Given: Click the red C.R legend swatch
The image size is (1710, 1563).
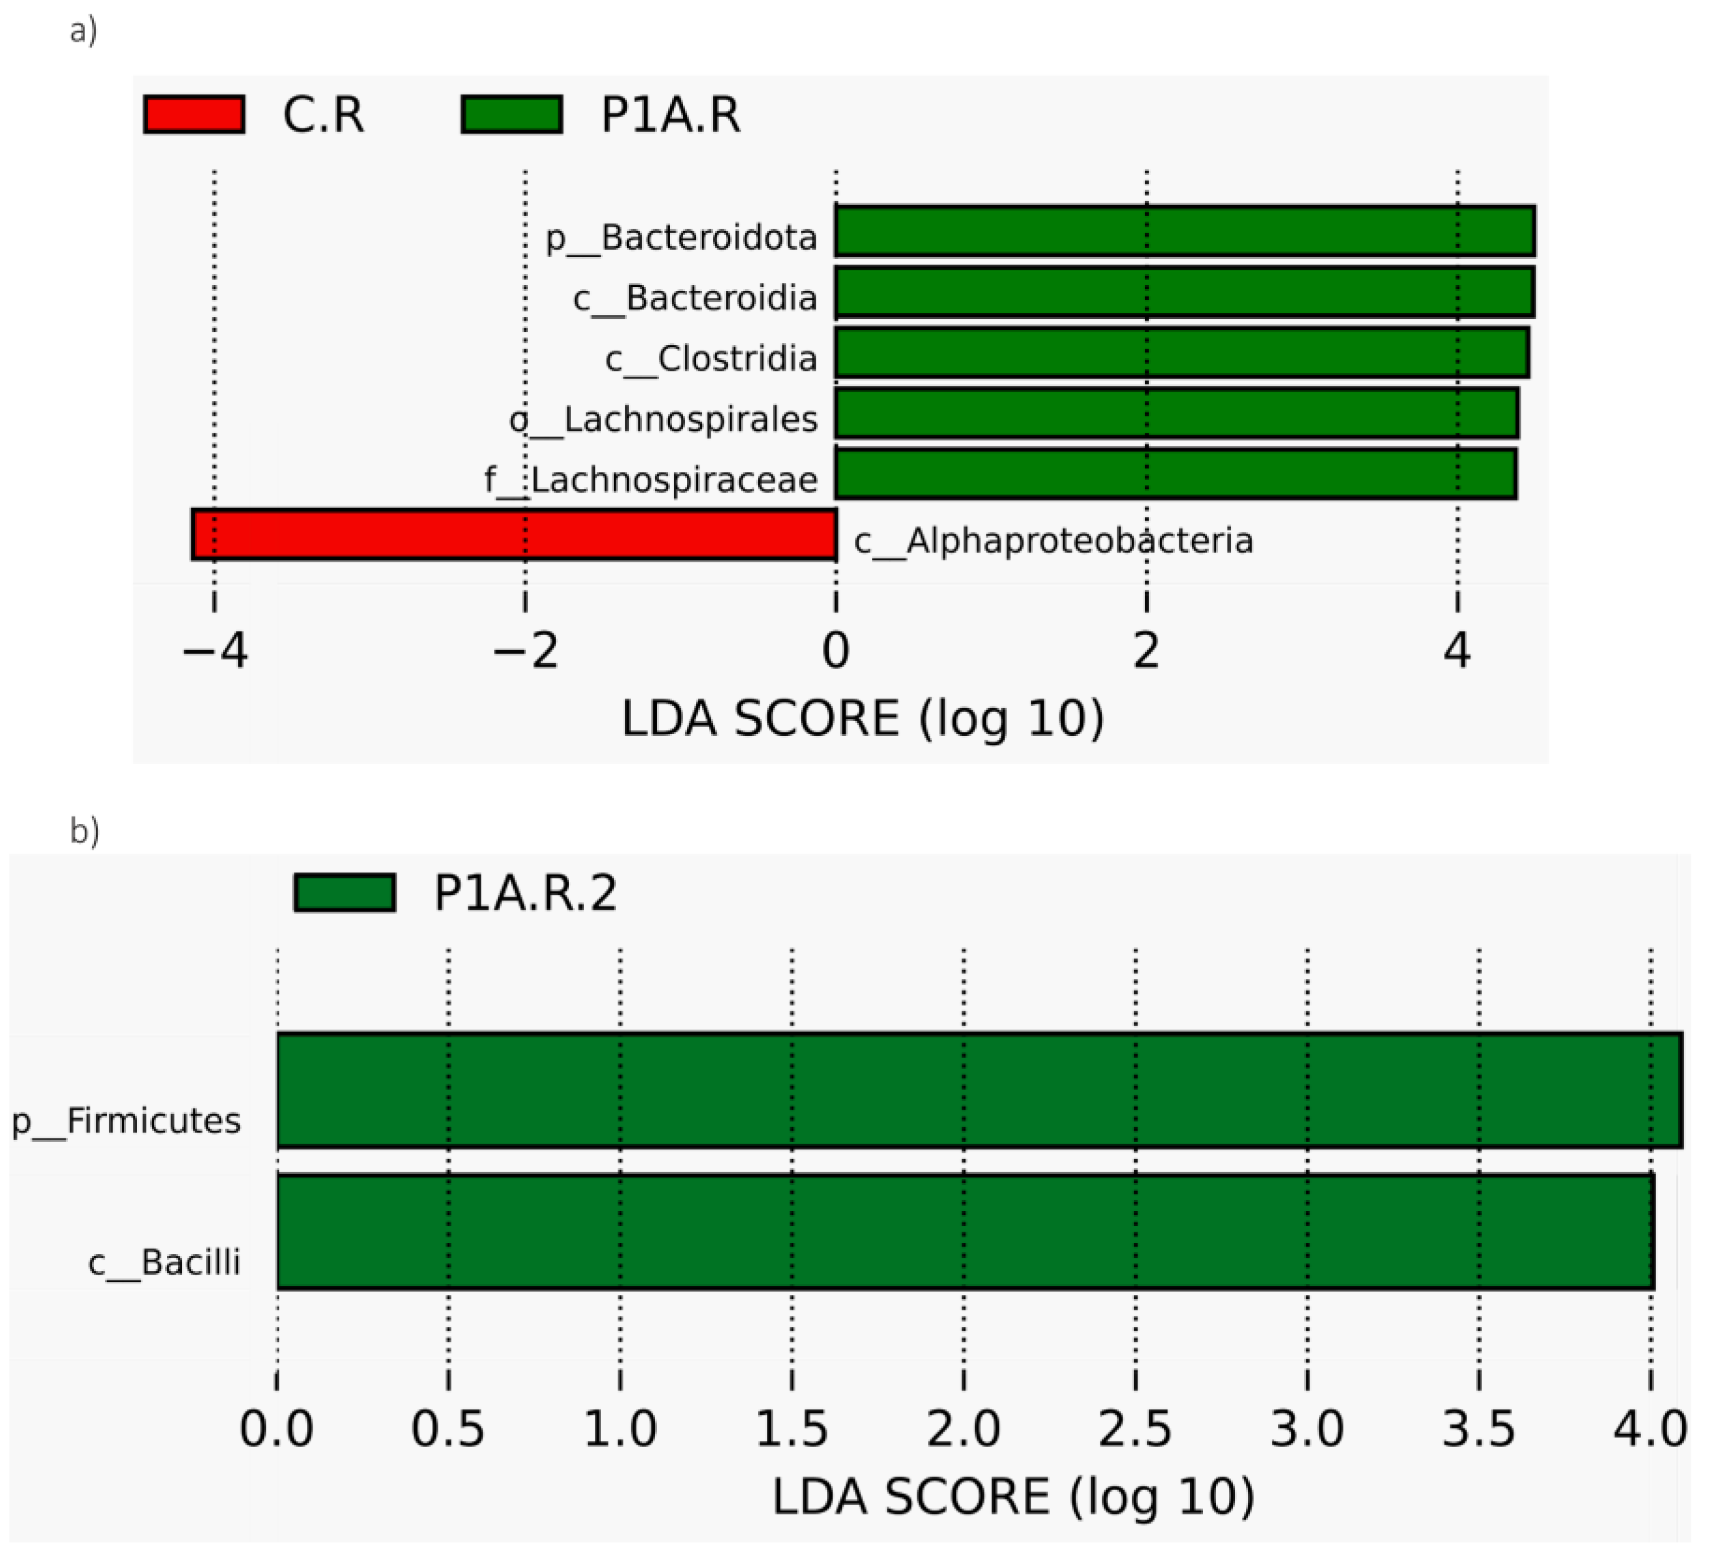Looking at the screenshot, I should pos(194,115).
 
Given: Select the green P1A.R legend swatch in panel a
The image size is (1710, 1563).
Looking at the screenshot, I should pos(511,115).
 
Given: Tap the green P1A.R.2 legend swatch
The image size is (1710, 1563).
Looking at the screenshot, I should pos(344,892).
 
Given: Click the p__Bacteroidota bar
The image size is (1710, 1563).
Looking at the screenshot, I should pos(1185,230).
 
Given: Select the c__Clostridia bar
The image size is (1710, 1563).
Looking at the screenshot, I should pos(1181,353).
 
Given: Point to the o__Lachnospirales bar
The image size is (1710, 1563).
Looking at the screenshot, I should pos(1176,413).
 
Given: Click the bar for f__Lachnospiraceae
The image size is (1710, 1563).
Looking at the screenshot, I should pos(1176,473).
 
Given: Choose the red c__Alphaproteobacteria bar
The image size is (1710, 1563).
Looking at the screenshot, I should pos(514,534).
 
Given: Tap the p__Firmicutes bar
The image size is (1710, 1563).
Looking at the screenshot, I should pos(979,1090).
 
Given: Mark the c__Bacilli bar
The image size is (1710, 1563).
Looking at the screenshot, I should pos(965,1232).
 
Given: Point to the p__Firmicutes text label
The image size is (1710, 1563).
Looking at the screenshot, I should pos(126,1121).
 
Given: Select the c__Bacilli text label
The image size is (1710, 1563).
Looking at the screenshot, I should pos(164,1263).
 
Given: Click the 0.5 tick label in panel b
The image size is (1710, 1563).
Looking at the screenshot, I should pos(448,1429).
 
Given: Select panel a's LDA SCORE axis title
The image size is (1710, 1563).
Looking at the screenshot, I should pos(862,719).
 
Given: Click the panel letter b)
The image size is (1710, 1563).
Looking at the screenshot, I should pos(85,831).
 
